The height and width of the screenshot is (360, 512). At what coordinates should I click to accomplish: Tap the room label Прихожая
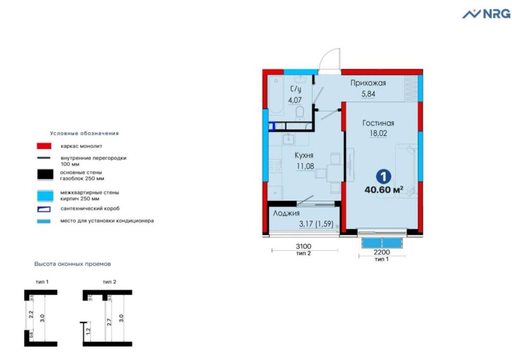pyautogui.click(x=368, y=83)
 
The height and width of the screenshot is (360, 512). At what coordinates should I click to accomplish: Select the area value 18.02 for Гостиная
pyautogui.click(x=378, y=133)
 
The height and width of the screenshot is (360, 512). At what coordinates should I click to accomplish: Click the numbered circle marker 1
pyautogui.click(x=383, y=176)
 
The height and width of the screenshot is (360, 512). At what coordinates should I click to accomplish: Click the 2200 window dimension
pyautogui.click(x=381, y=253)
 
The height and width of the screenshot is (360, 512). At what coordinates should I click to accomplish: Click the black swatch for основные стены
pyautogui.click(x=44, y=175)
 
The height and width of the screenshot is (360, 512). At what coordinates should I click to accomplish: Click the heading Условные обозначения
pyautogui.click(x=84, y=133)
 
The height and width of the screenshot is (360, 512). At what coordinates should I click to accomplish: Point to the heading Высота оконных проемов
pyautogui.click(x=73, y=264)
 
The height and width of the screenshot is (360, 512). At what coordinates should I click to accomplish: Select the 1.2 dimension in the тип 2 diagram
pyautogui.click(x=88, y=332)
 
